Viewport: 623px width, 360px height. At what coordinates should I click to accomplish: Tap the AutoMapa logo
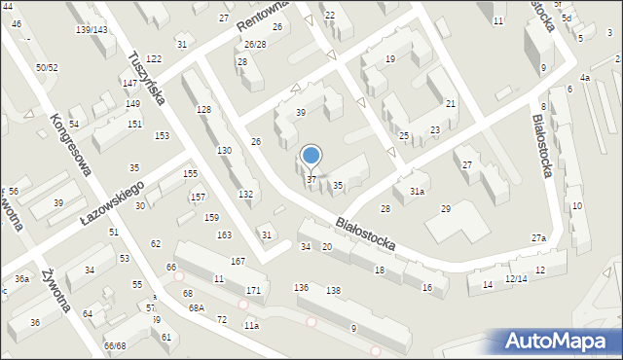point(559,341)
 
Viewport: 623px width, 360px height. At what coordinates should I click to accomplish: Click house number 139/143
point(92,30)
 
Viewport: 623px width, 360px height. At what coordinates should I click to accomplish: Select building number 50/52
point(47,67)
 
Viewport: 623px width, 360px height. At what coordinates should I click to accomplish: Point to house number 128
point(203,109)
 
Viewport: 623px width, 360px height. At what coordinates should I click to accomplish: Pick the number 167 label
point(237,262)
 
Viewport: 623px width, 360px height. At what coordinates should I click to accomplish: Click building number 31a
point(417,192)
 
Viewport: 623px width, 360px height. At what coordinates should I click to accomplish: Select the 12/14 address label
point(516,279)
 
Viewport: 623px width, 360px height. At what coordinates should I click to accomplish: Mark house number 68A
point(197,307)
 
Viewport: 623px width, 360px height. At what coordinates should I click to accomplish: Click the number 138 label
point(333,290)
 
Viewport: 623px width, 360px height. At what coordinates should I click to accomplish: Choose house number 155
point(191,173)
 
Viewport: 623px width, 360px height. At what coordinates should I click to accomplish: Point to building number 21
point(450,103)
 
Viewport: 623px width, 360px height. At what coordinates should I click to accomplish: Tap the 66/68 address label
point(115,345)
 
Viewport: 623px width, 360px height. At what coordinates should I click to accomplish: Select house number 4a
point(584,77)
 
